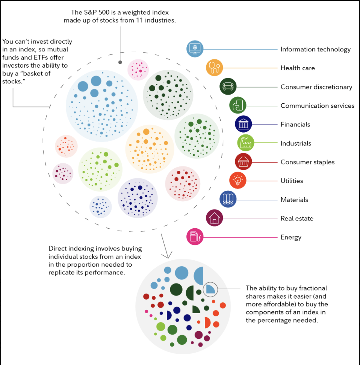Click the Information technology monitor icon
(195, 48)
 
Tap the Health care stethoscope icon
(215, 68)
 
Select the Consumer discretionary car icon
(228, 86)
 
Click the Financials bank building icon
(244, 124)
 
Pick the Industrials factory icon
(246, 143)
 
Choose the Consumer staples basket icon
(243, 162)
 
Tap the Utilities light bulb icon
(237, 180)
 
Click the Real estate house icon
(214, 218)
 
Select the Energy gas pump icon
(195, 237)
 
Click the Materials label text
(294, 200)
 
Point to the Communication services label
(317, 106)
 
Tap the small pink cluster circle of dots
(138, 69)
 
